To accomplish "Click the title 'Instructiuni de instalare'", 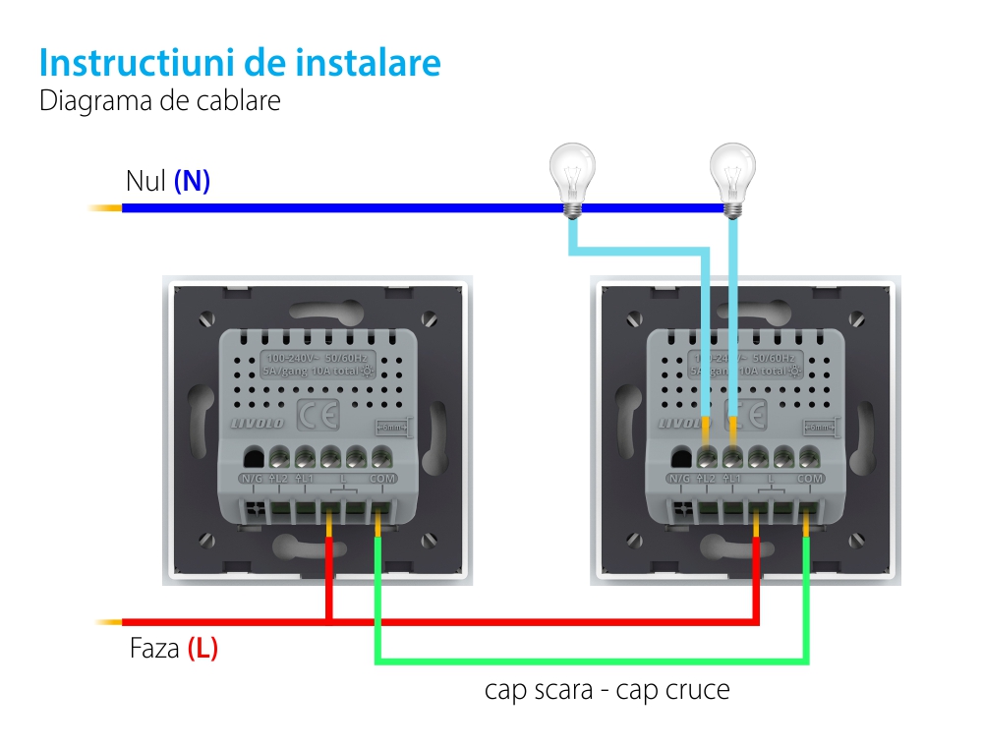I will (x=240, y=63).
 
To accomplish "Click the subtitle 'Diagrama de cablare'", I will (x=160, y=101).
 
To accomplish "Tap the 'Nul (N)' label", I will (x=168, y=182).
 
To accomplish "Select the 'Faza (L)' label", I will (x=173, y=649).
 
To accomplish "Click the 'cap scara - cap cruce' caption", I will (x=607, y=690).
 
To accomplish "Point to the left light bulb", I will (x=571, y=174).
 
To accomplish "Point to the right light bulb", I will (x=732, y=174).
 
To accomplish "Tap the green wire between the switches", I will (x=590, y=661).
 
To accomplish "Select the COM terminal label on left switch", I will (x=382, y=479).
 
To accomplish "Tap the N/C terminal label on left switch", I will (x=253, y=479).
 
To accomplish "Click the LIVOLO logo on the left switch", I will (x=257, y=422).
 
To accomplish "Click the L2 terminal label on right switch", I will (x=706, y=479).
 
